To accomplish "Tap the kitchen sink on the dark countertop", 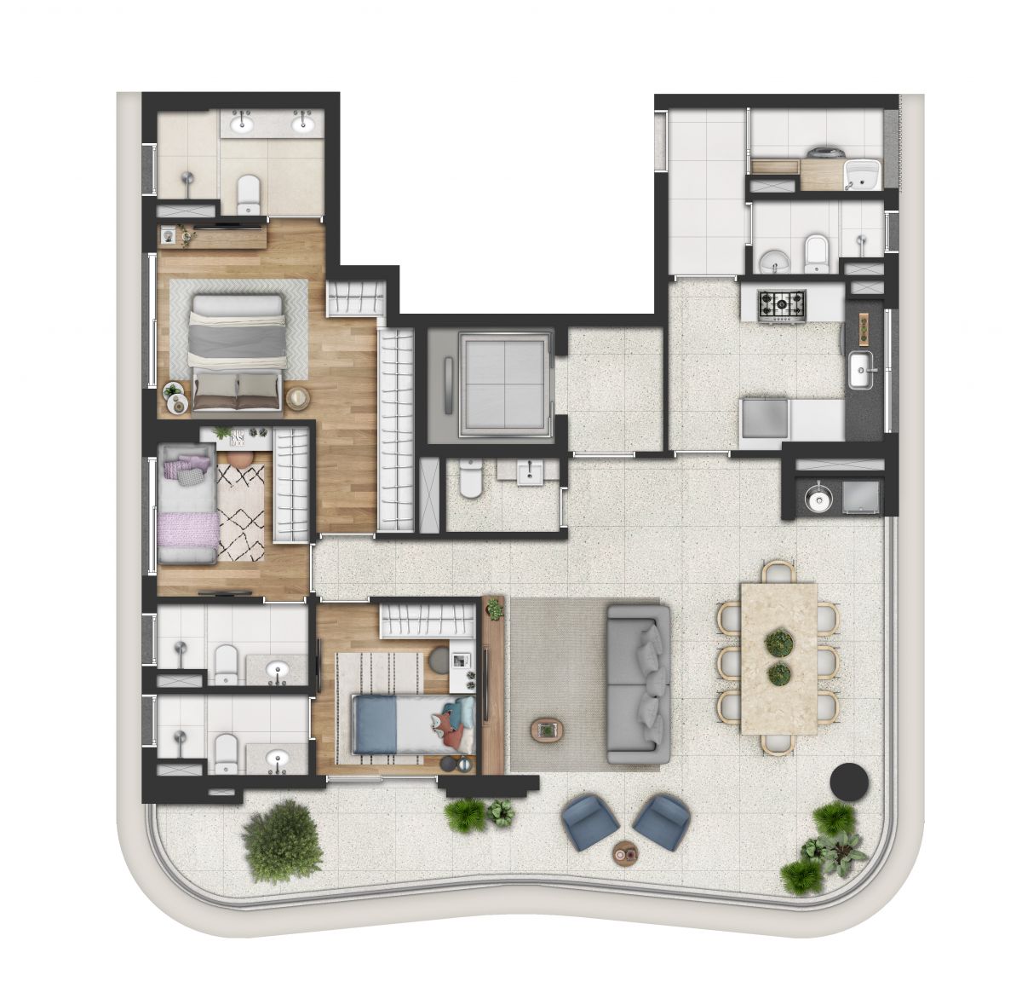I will (864, 372).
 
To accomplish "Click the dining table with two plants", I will (778, 657).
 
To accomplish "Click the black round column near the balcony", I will (848, 780).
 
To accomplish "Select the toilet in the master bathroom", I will (248, 194).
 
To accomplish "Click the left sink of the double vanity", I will (243, 124).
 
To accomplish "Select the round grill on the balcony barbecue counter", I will (818, 498).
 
